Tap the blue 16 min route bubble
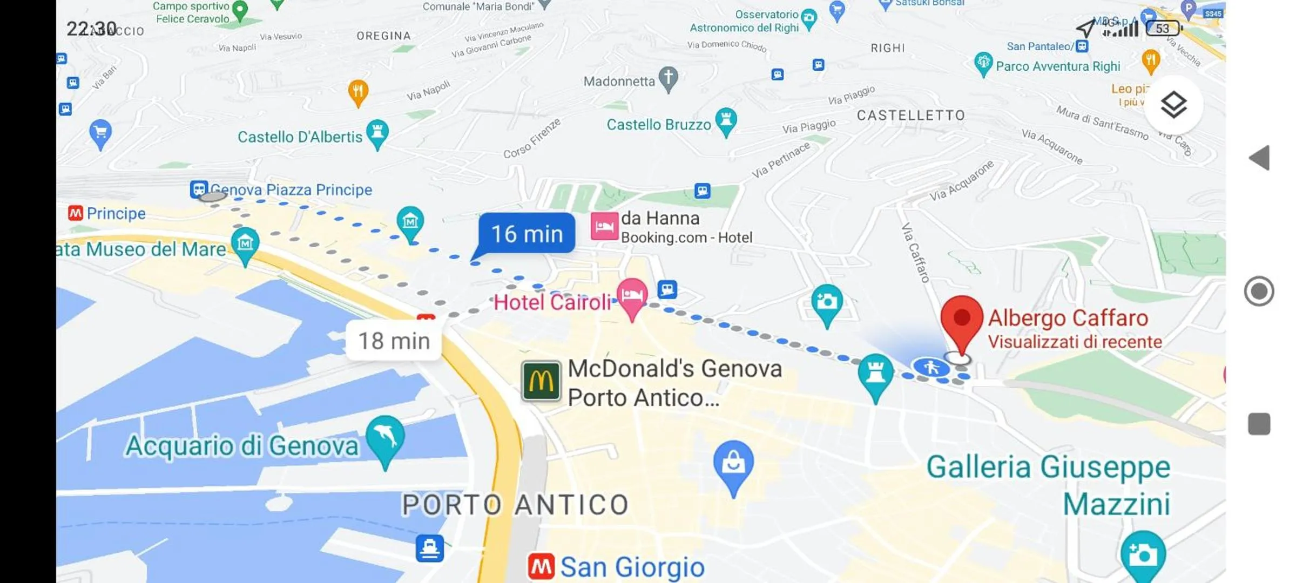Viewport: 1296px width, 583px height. click(526, 234)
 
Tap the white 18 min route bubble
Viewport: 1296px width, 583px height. click(394, 341)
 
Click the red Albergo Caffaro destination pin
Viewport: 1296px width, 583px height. click(961, 320)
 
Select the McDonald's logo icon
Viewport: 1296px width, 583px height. click(541, 381)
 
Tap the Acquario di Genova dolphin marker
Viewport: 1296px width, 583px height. click(385, 437)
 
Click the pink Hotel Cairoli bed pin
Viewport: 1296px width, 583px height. click(632, 296)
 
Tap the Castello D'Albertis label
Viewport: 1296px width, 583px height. click(300, 137)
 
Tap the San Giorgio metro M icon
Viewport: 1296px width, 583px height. click(541, 567)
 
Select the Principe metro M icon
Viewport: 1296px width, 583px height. click(76, 213)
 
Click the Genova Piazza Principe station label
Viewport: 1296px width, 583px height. click(291, 190)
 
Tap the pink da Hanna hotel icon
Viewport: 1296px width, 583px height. click(604, 227)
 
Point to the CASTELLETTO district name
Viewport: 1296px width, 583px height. click(910, 116)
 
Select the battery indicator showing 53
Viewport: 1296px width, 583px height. click(1163, 28)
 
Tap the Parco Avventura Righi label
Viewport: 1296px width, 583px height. click(1057, 66)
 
